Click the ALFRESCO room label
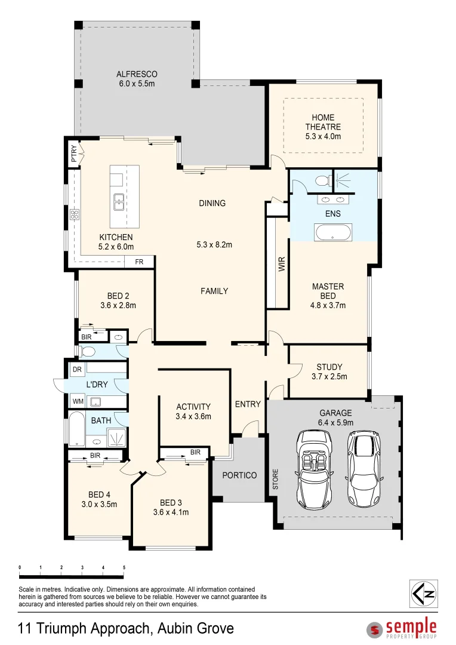click(x=136, y=75)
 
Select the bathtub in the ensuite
click(x=333, y=232)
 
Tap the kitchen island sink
click(x=119, y=202)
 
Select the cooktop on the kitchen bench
click(x=75, y=215)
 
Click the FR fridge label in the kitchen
click(x=139, y=262)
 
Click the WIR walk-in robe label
click(x=282, y=264)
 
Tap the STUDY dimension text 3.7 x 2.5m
click(x=329, y=377)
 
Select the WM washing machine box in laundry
click(x=78, y=401)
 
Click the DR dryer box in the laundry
click(x=77, y=370)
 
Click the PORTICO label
click(x=239, y=475)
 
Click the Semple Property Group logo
click(x=402, y=628)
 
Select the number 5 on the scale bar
click(x=124, y=567)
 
